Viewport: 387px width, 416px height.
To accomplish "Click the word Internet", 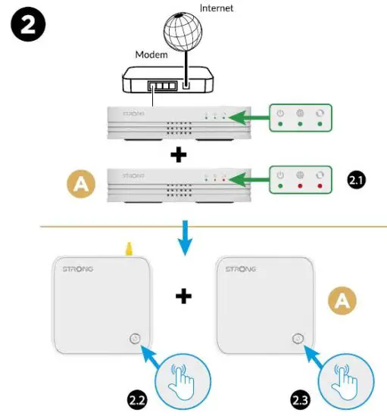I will coord(217,8).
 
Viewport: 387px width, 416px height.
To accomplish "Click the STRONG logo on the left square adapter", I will coord(72,269).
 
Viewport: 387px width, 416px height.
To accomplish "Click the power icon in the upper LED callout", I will coord(280,114).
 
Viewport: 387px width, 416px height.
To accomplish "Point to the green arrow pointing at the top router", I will coord(249,117).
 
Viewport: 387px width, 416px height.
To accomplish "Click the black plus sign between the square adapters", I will coord(182,296).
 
